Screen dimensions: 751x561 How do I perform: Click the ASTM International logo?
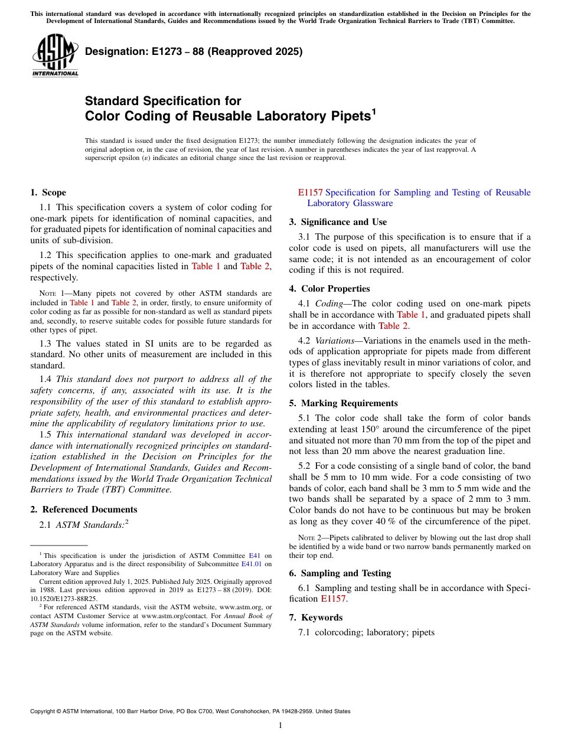pyautogui.click(x=55, y=55)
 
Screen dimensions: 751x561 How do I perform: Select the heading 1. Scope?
pyautogui.click(x=48, y=192)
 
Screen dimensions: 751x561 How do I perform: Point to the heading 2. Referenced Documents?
pyautogui.click(x=83, y=510)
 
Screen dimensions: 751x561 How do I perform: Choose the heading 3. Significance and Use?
pyautogui.click(x=338, y=222)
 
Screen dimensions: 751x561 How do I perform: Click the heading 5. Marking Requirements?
pyautogui.click(x=343, y=403)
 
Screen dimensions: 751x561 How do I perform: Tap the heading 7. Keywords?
pyautogui.click(x=315, y=618)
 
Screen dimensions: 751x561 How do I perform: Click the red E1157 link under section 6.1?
pyautogui.click(x=334, y=599)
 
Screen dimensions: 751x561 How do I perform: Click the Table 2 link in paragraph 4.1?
pyautogui.click(x=393, y=326)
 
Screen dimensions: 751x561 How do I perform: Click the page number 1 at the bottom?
pyautogui.click(x=280, y=725)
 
